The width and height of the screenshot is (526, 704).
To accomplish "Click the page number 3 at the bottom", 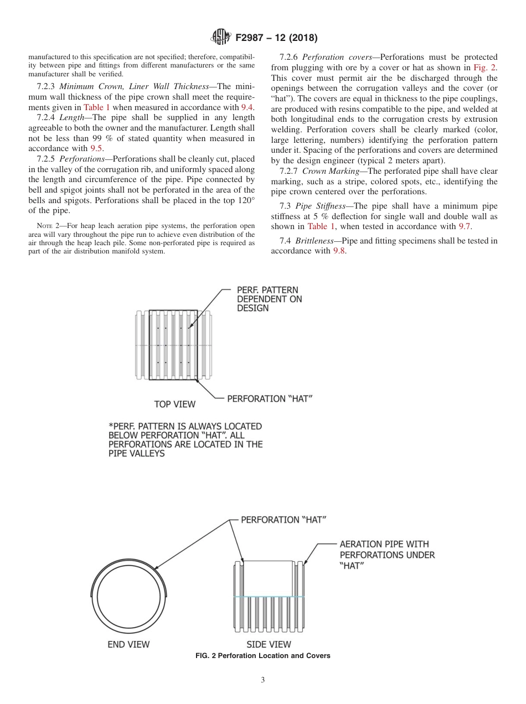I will (x=263, y=680).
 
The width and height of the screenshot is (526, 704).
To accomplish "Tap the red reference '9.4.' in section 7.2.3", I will (x=247, y=107).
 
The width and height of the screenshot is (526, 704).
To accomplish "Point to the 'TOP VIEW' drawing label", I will (x=174, y=404).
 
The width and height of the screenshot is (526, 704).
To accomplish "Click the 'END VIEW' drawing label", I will (x=128, y=644).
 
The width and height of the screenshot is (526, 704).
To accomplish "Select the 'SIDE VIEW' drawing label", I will (x=269, y=644).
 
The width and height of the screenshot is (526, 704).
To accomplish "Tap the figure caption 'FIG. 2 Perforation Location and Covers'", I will (x=263, y=656).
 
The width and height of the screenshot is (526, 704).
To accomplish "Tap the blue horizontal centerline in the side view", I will (x=269, y=597).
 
